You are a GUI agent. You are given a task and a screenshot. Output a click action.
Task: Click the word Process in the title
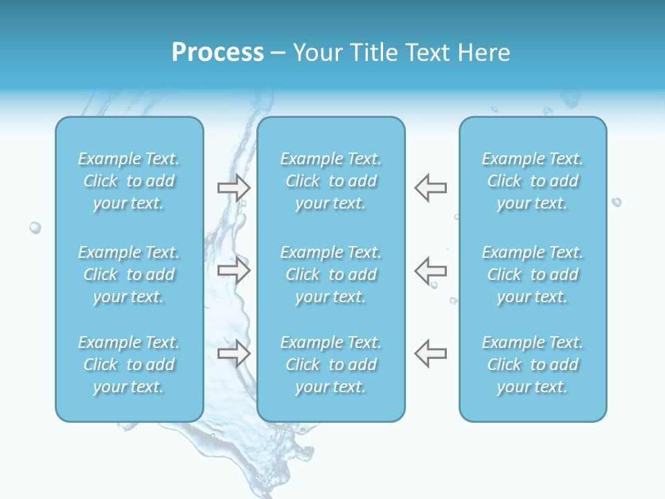click(x=218, y=53)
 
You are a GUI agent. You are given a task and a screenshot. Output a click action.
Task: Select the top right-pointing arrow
click(x=234, y=188)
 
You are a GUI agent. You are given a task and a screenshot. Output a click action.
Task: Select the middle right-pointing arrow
click(x=234, y=270)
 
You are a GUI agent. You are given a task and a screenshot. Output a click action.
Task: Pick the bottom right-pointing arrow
click(x=234, y=353)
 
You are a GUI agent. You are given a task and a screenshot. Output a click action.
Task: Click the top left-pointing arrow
click(x=430, y=188)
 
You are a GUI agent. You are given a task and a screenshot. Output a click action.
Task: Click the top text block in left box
click(x=129, y=181)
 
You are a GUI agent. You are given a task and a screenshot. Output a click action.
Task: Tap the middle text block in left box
click(x=129, y=274)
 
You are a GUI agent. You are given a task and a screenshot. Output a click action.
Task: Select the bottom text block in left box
click(x=129, y=365)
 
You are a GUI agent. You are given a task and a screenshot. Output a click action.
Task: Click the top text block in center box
click(x=331, y=181)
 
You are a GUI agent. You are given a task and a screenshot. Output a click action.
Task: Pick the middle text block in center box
click(x=331, y=274)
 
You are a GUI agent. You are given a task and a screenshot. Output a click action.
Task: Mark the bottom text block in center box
click(x=331, y=365)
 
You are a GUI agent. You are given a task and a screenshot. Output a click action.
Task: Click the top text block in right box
click(x=533, y=181)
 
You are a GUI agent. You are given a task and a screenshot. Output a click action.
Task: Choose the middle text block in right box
click(x=533, y=274)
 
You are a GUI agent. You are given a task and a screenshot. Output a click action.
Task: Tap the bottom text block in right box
click(x=533, y=365)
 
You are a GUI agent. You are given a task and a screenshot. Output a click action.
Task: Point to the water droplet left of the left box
click(x=35, y=227)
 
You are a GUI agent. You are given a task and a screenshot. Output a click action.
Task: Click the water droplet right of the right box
click(x=617, y=202)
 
